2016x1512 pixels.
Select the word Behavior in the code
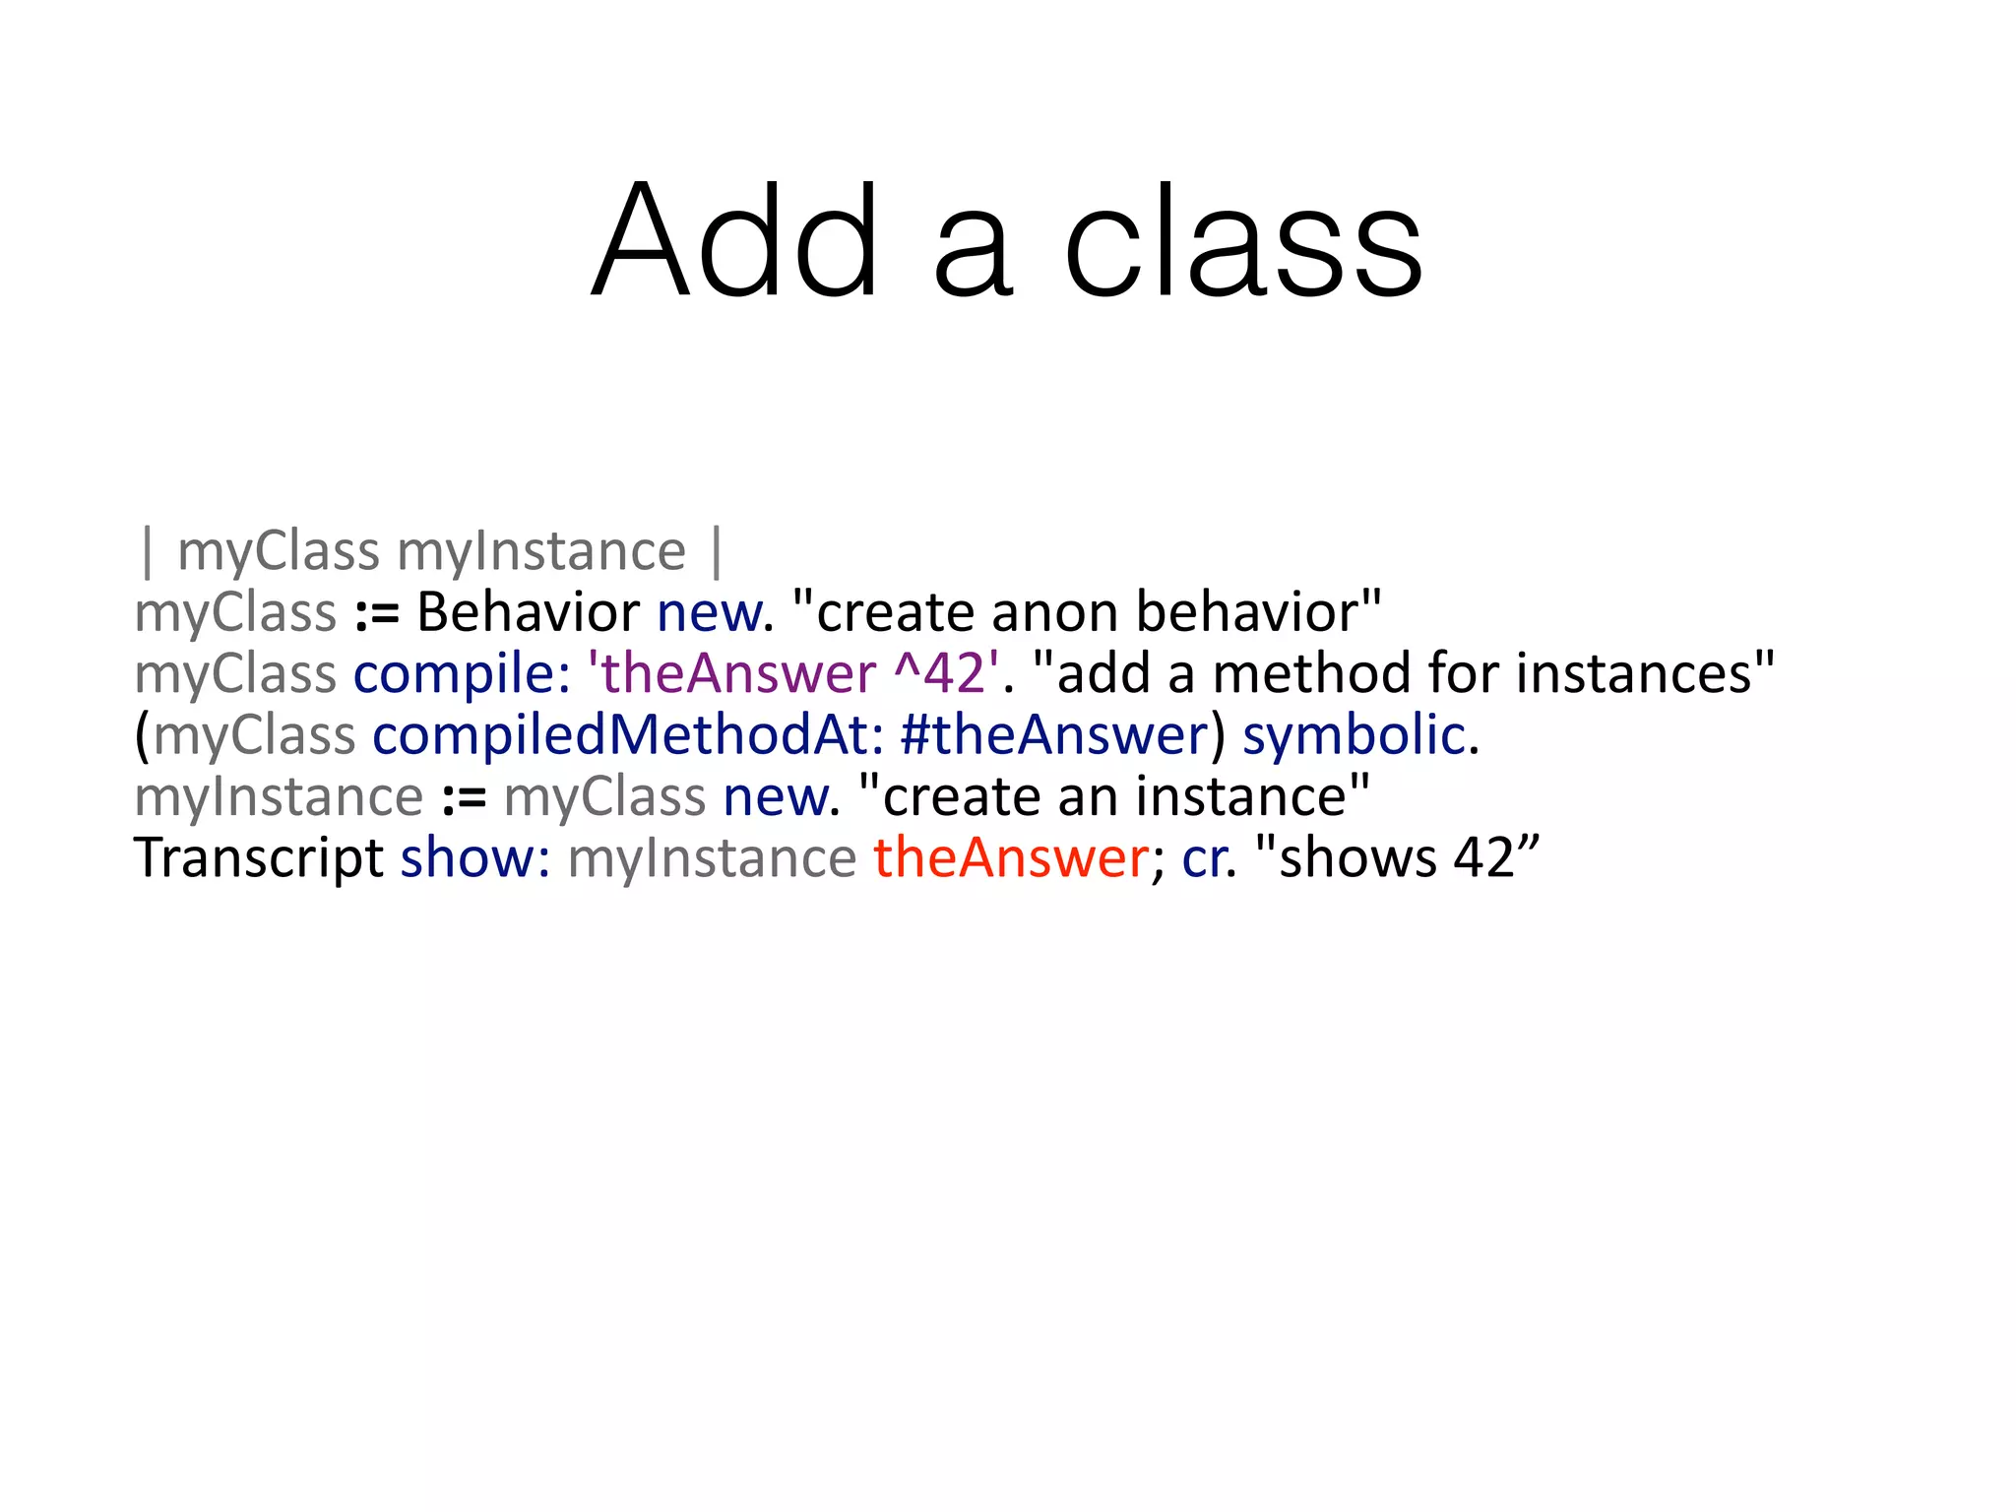[x=528, y=612]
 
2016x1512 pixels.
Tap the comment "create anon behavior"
[x=1087, y=612]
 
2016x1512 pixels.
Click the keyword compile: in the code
[x=462, y=674]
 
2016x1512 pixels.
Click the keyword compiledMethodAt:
[x=627, y=735]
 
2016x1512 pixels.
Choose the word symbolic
[x=1354, y=735]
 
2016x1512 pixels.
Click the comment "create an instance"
[x=1114, y=796]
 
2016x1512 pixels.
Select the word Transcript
[x=258, y=858]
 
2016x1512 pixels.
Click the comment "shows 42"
[x=1398, y=858]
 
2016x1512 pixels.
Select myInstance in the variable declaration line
[x=540, y=551]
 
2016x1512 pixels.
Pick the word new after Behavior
[x=709, y=612]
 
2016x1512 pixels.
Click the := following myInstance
[x=464, y=798]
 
